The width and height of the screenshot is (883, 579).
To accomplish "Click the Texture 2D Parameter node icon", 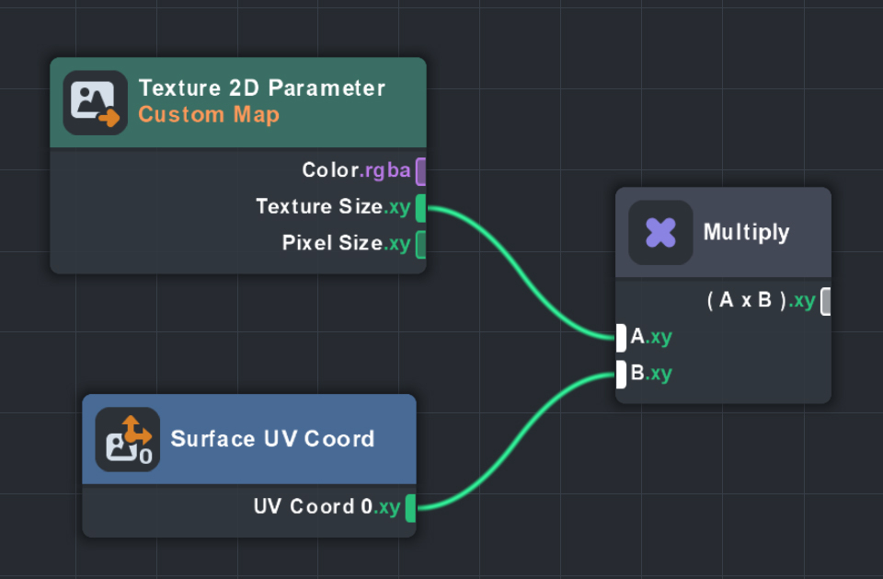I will pos(96,103).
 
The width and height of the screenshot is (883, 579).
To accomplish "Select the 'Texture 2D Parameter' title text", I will pos(261,88).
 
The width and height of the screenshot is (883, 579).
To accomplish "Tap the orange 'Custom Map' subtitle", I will pos(208,115).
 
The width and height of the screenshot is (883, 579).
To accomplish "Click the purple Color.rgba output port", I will pos(421,171).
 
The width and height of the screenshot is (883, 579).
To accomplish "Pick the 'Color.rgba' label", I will pos(356,170).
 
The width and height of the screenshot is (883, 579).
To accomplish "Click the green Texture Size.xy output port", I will pos(421,208).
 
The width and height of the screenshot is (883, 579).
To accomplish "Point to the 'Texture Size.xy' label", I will pos(333,207).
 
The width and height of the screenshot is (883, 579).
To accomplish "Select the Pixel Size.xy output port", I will pos(421,245).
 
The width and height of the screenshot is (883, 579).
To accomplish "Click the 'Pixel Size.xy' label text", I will pos(346,244).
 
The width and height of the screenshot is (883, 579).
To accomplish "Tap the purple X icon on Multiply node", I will pos(660,233).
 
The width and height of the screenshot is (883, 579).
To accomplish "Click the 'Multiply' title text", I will pos(746,232).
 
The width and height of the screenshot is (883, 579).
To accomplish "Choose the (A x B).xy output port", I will pos(826,301).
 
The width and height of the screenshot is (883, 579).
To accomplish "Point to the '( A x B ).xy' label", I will pos(761,301).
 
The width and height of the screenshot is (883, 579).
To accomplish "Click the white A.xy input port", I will pos(621,337).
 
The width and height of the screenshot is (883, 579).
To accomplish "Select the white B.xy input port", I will pos(621,375).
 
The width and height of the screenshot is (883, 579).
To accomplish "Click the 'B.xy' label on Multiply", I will pos(651,374).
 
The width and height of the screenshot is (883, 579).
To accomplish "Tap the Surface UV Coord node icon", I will pos(128,440).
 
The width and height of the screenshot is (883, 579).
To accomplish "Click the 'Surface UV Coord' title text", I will pos(272,438).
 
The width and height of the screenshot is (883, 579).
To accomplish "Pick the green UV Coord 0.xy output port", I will pos(410,507).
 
